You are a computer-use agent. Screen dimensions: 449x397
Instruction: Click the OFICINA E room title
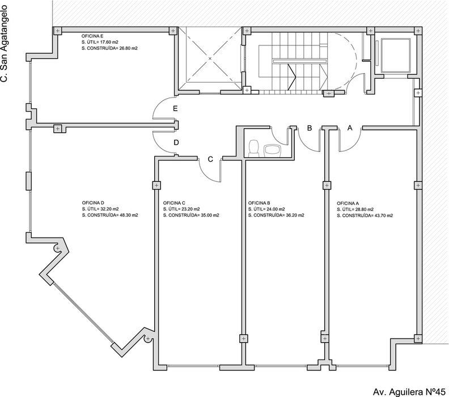click(x=92, y=36)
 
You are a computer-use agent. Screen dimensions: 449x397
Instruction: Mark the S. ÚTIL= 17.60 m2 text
click(x=100, y=42)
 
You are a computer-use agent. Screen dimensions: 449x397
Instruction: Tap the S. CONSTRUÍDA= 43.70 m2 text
click(x=365, y=216)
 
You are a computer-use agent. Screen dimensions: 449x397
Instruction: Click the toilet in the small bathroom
click(x=254, y=149)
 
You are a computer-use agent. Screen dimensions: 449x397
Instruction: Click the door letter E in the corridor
click(x=175, y=108)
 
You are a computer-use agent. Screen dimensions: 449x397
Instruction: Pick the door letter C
click(x=210, y=159)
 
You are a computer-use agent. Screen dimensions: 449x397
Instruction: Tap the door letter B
click(x=310, y=128)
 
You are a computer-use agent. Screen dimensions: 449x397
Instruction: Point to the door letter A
click(x=350, y=128)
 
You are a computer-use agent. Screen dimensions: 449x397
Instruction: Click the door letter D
click(x=176, y=142)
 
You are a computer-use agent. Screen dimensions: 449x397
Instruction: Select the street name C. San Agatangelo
click(x=4, y=43)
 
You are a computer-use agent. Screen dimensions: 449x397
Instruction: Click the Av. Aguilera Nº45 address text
click(x=409, y=391)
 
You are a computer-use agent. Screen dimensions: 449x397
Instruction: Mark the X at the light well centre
click(x=210, y=58)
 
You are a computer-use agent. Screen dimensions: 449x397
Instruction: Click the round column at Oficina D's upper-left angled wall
click(x=58, y=248)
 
